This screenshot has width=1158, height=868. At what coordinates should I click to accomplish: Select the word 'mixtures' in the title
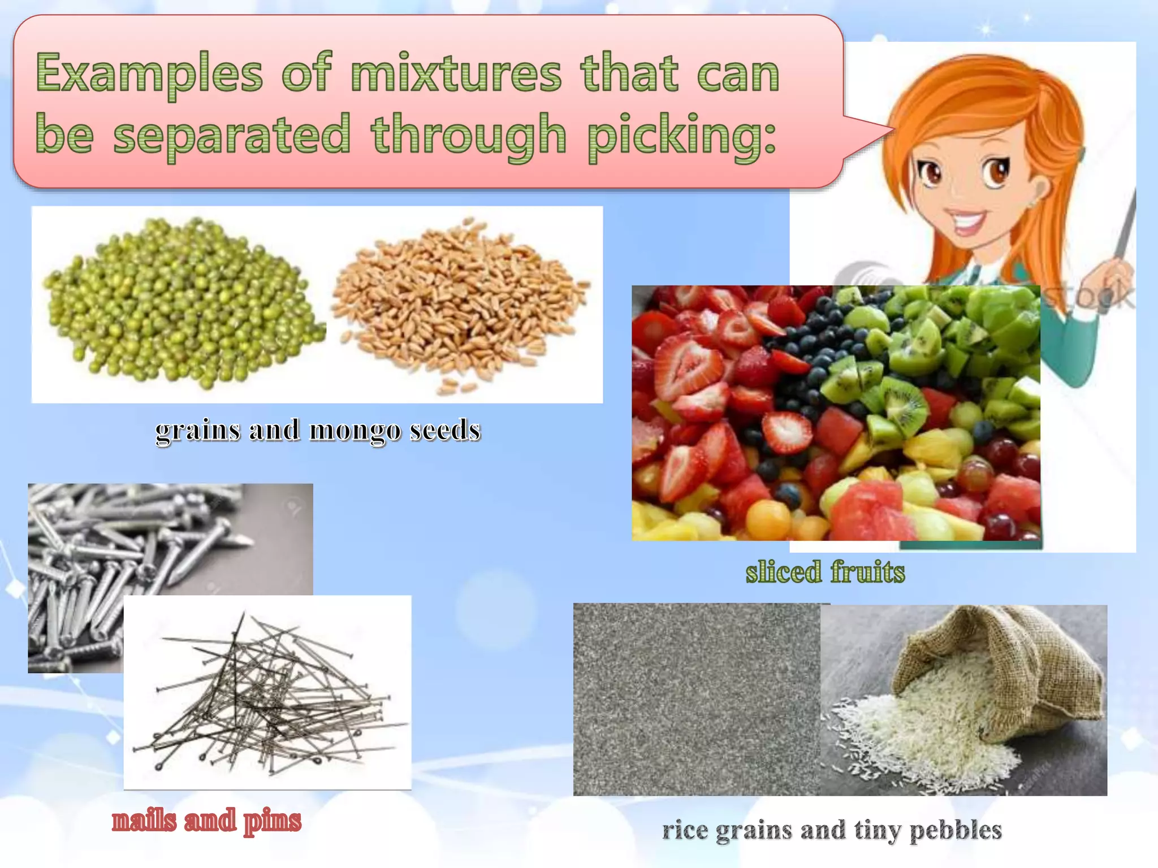click(x=456, y=73)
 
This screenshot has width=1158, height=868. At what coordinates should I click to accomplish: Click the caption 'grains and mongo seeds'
click(x=318, y=431)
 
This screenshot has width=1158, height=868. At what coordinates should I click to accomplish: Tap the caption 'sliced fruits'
click(x=825, y=572)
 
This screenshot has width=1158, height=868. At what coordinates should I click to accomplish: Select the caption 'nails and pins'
click(x=206, y=821)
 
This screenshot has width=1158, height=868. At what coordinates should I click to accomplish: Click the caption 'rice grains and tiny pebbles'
click(x=832, y=830)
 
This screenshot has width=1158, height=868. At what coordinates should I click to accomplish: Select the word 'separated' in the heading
click(x=232, y=134)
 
